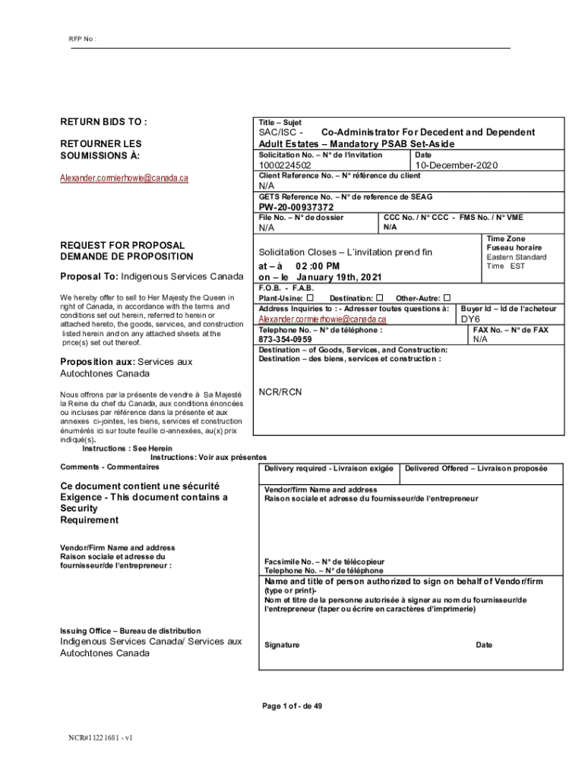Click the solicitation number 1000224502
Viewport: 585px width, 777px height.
(285, 165)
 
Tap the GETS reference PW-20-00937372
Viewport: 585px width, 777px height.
(296, 207)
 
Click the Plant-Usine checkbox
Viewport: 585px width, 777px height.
(310, 297)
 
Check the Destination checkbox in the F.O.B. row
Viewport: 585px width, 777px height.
(380, 297)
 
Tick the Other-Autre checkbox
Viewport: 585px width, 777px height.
(447, 297)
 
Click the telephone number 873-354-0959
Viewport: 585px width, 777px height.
(285, 340)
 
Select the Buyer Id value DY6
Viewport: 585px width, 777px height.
(471, 319)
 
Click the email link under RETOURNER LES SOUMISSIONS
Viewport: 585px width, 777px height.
(124, 178)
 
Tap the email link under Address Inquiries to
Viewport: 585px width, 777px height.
(323, 319)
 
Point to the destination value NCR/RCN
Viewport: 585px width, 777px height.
(280, 392)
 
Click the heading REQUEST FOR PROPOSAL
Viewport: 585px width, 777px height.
(122, 246)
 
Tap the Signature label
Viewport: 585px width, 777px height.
(282, 645)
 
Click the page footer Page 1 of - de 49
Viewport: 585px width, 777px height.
(292, 706)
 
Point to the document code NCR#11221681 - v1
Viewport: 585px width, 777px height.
(101, 737)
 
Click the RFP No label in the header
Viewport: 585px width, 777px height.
(83, 39)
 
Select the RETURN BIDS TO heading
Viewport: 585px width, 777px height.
(103, 122)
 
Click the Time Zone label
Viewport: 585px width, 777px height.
(505, 238)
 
